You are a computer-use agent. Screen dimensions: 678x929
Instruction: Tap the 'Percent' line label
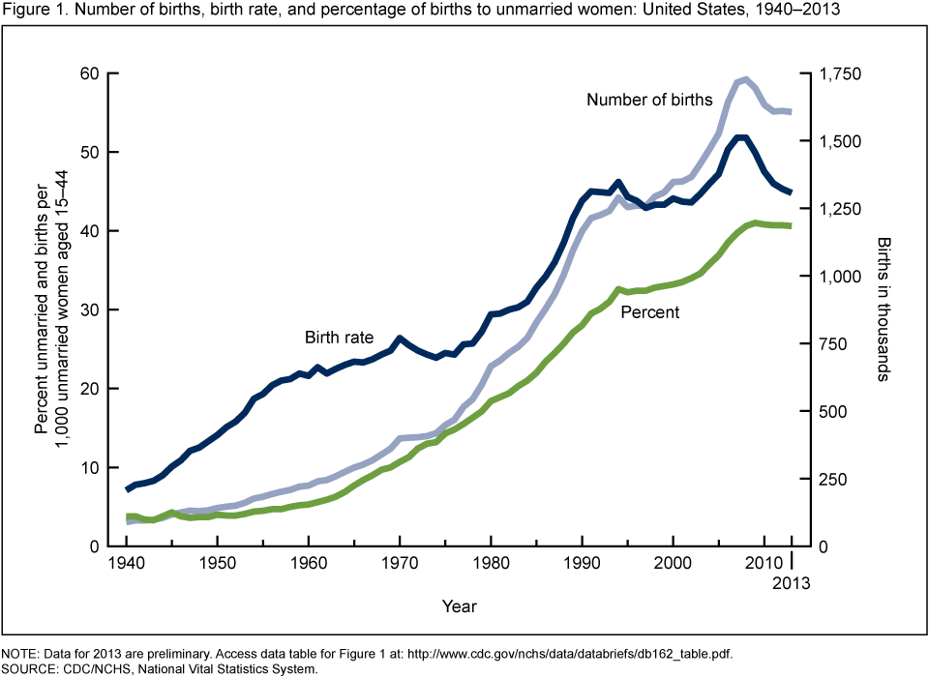click(649, 311)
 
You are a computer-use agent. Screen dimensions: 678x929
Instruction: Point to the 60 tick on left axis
click(90, 74)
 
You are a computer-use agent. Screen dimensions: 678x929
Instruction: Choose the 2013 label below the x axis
click(792, 582)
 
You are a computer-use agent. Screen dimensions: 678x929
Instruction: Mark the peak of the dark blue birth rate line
click(742, 137)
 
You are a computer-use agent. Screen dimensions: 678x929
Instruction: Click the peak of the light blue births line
click(743, 79)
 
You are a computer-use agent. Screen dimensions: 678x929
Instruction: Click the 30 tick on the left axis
click(90, 310)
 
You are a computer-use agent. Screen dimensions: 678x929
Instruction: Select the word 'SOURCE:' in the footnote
click(28, 667)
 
